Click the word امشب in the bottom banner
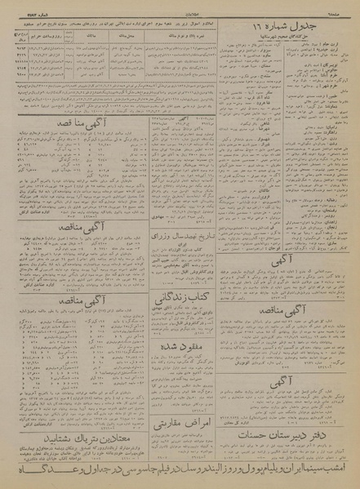[x=342, y=467]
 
